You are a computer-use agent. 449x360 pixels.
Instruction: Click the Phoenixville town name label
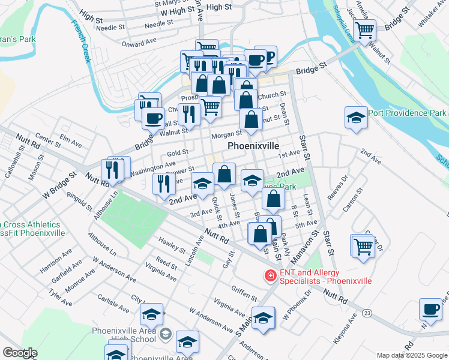click(253, 146)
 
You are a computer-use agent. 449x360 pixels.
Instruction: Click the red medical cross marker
click(271, 275)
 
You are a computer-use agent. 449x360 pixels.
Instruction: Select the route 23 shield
click(367, 313)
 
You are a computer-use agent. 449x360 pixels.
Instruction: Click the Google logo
click(20, 352)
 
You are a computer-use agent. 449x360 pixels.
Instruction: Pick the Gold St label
click(178, 152)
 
